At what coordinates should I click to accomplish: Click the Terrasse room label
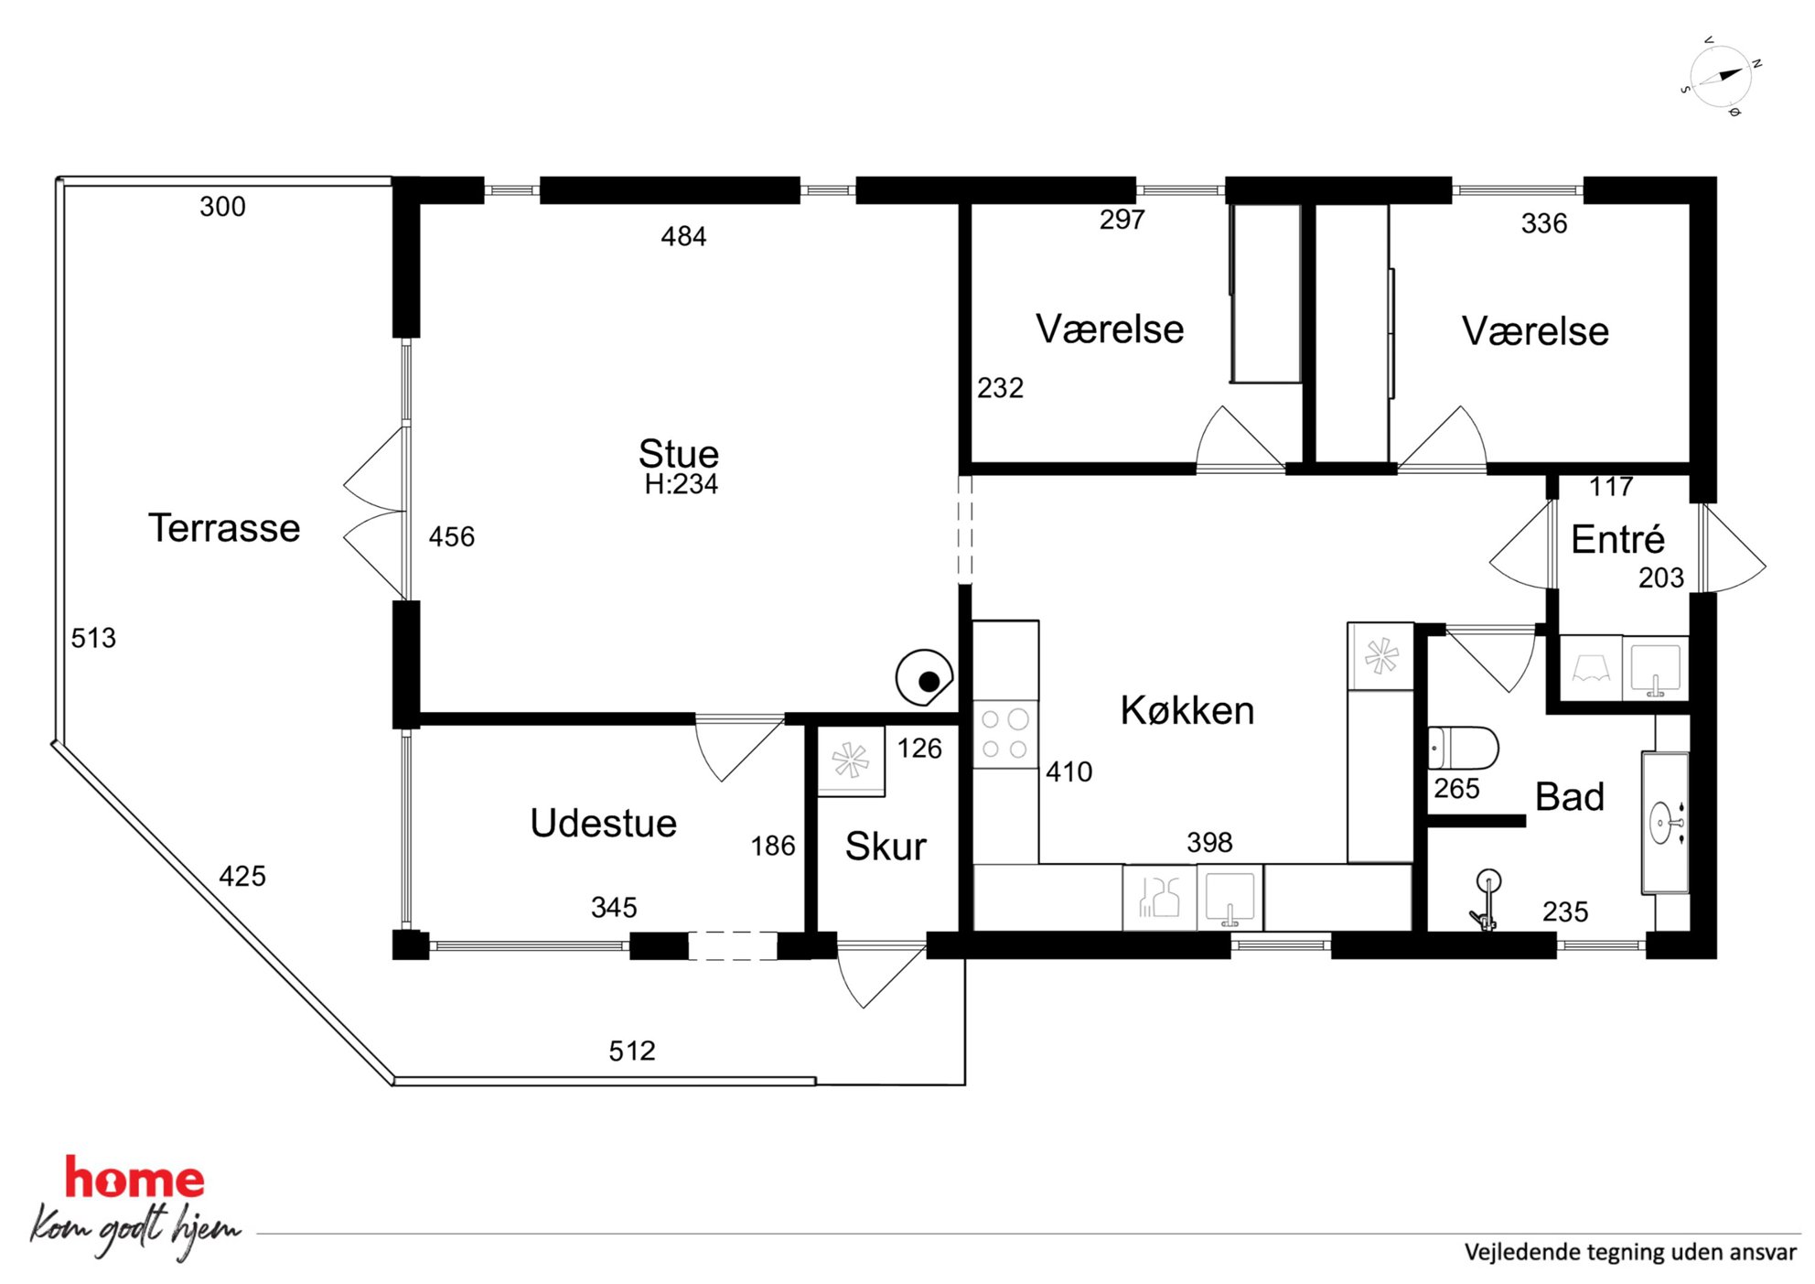(224, 528)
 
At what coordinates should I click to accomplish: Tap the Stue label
(679, 453)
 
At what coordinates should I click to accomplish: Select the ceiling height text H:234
(682, 484)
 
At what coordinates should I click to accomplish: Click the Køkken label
(1187, 710)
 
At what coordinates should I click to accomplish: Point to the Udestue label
(604, 823)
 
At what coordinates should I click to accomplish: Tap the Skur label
(886, 847)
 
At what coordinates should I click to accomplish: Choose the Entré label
(1617, 539)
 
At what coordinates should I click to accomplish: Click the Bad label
(1570, 796)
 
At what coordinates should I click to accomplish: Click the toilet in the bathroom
(1463, 749)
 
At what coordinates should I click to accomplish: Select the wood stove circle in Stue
(924, 678)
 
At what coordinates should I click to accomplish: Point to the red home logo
(134, 1179)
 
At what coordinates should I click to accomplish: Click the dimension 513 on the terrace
(93, 638)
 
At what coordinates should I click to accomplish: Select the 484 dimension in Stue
(683, 237)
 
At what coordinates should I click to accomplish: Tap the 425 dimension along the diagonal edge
(242, 876)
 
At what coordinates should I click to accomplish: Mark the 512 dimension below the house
(632, 1051)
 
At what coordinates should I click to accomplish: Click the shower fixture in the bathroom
(1486, 901)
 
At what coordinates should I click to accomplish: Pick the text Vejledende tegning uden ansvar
(1630, 1252)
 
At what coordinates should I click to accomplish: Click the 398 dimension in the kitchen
(1209, 842)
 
